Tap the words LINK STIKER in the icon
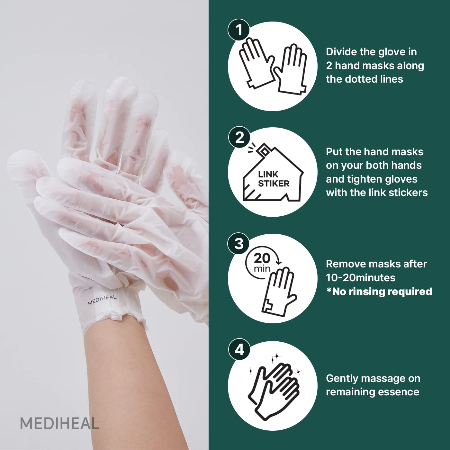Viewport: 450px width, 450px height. (273, 179)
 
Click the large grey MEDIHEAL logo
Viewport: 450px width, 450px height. (60, 423)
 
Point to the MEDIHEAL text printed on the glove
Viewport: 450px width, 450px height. (102, 300)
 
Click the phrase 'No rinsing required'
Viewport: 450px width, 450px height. (382, 291)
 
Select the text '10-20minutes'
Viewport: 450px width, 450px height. (360, 278)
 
